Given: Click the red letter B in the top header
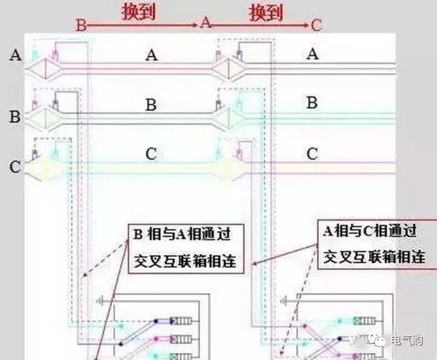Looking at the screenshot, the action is coord(81,25).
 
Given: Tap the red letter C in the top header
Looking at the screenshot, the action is coord(316,25).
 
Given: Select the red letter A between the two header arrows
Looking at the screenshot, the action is coord(204,23).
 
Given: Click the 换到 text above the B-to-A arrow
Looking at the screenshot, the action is coord(139,12).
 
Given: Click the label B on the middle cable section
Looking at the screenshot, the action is coord(152,105).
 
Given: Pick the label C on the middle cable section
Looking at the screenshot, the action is coord(152,154).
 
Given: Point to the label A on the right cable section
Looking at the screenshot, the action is coord(312,54).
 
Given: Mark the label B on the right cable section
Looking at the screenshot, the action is coord(312,103).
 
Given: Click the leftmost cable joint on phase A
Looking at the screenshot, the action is coord(46,69).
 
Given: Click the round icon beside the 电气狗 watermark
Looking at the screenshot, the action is coord(380,340).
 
